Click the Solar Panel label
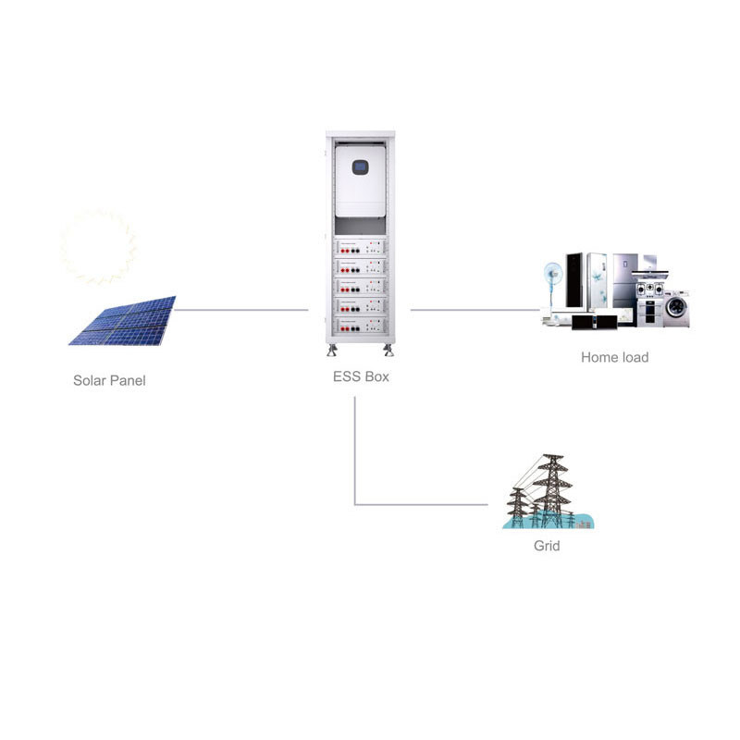click(109, 380)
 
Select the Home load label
click(614, 357)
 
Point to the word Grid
click(547, 546)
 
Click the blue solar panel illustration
click(124, 321)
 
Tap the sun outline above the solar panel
click(98, 247)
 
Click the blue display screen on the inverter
click(360, 168)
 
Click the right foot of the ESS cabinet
click(388, 351)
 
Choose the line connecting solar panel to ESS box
click(240, 310)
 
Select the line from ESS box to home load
click(475, 310)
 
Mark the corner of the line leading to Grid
click(355, 504)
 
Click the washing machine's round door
click(676, 310)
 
